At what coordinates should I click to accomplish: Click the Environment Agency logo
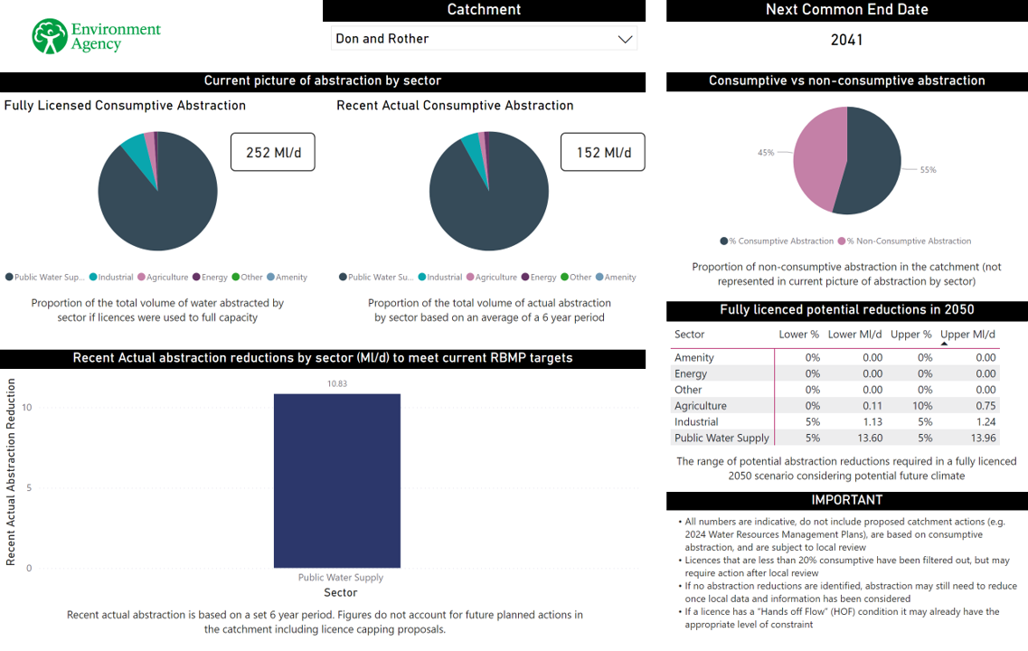pos(95,36)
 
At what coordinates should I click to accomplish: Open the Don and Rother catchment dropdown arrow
pos(625,39)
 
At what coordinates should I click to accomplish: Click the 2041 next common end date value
pos(846,40)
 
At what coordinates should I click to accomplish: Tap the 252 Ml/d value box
pos(272,153)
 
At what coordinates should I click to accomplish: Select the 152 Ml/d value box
pos(603,153)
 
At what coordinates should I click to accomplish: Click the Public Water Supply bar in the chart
pos(337,480)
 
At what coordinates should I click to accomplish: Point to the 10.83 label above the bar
pos(337,383)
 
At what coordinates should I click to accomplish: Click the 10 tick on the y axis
pos(27,408)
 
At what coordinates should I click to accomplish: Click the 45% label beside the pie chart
pos(766,153)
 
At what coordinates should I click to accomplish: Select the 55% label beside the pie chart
pos(928,170)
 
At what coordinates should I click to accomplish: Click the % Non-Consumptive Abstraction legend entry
pos(908,241)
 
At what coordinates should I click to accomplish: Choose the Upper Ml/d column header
pos(968,335)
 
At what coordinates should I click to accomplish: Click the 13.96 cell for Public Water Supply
pos(983,439)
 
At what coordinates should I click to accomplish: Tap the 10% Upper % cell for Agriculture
pos(924,406)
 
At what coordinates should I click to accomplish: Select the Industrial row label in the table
pos(696,422)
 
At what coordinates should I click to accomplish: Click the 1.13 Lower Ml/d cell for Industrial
pos(872,422)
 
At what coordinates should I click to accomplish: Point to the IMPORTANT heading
pos(846,500)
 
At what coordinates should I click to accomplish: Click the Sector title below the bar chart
pos(341,593)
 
